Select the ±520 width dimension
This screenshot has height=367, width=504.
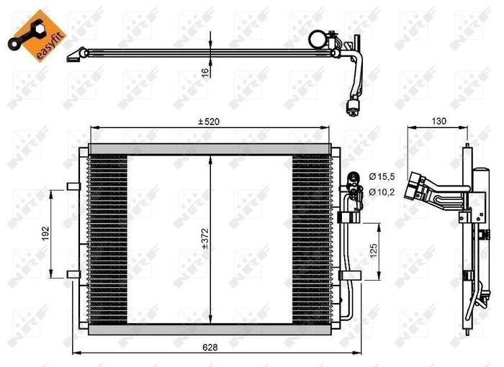click(x=210, y=122)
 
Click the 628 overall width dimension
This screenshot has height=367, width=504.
click(x=210, y=346)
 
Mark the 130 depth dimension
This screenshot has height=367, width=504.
click(x=439, y=121)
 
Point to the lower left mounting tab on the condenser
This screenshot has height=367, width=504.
click(x=73, y=273)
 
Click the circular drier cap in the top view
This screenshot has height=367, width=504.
click(x=318, y=38)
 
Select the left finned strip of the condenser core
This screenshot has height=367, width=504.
click(x=107, y=237)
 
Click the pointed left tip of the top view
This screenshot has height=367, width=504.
click(x=69, y=57)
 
